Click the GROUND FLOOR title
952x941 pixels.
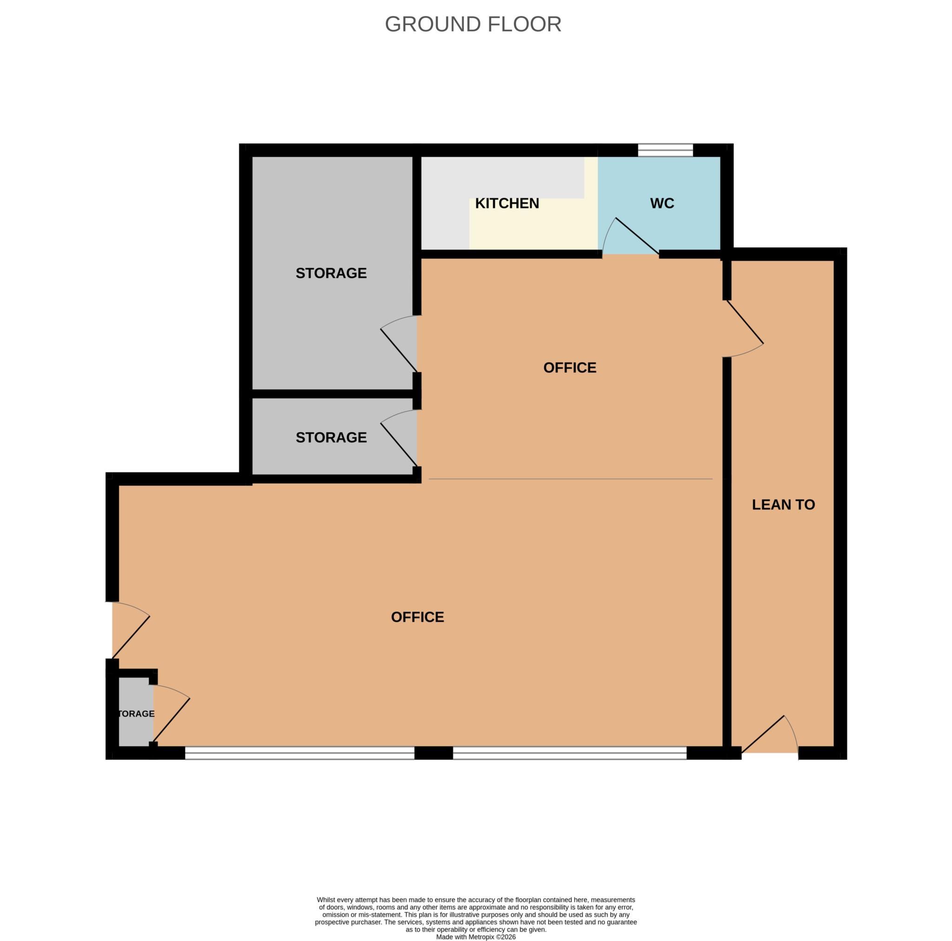(x=473, y=24)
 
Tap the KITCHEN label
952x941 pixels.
(x=507, y=204)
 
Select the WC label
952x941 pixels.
(x=662, y=204)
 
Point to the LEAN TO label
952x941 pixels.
(x=783, y=505)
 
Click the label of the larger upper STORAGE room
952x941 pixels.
(x=331, y=273)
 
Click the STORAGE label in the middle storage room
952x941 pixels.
(x=331, y=437)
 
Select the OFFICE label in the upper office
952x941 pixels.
(x=569, y=368)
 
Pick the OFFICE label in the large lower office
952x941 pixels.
(x=417, y=617)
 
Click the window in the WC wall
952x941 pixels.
(x=665, y=150)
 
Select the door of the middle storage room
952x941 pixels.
(x=399, y=438)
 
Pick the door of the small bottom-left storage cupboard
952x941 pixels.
(x=172, y=713)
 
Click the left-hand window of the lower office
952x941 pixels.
(x=300, y=753)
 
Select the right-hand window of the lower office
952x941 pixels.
(x=569, y=753)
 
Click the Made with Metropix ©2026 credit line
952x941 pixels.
(x=476, y=937)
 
